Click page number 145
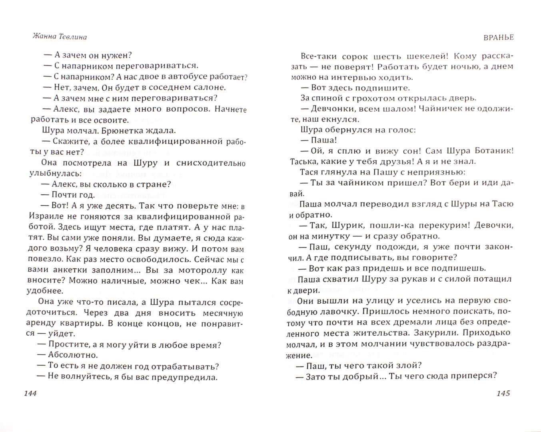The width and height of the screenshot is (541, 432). pyautogui.click(x=503, y=394)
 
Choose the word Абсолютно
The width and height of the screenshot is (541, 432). pyautogui.click(x=73, y=355)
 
